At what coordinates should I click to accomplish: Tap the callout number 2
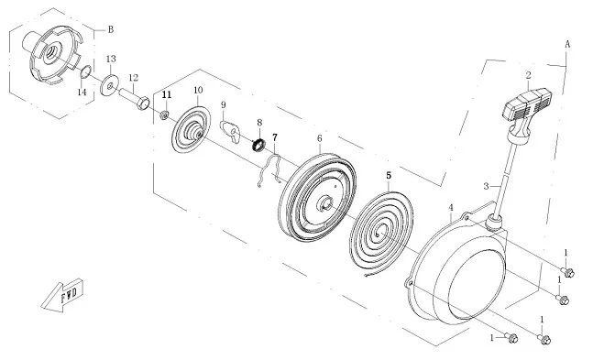[528, 75]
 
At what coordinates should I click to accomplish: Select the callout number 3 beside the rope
[487, 186]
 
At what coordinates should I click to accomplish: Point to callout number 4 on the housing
[450, 207]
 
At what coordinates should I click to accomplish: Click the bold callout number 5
[389, 176]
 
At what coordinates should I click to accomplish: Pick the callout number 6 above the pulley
[320, 138]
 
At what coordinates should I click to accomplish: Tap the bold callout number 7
[275, 136]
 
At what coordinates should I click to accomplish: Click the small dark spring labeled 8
[259, 145]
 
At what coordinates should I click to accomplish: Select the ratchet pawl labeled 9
[232, 132]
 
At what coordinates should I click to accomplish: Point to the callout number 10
[198, 90]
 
